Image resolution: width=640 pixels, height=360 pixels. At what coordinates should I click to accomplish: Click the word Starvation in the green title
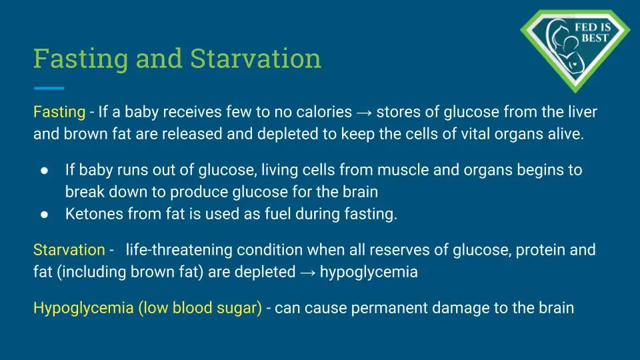[255, 59]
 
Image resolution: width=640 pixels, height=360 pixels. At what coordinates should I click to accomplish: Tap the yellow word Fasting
[59, 112]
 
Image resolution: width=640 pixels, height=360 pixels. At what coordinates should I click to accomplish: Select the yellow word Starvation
[69, 250]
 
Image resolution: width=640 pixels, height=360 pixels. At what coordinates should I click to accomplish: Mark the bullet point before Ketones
[45, 215]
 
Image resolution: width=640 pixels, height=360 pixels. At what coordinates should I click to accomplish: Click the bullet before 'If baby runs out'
[45, 171]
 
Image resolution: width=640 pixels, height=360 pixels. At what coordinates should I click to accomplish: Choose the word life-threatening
[179, 250]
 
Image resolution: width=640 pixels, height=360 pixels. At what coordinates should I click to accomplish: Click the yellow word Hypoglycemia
[83, 309]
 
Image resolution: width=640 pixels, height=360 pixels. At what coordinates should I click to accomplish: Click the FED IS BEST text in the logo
[593, 33]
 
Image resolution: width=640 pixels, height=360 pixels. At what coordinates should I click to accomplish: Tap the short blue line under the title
[49, 88]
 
